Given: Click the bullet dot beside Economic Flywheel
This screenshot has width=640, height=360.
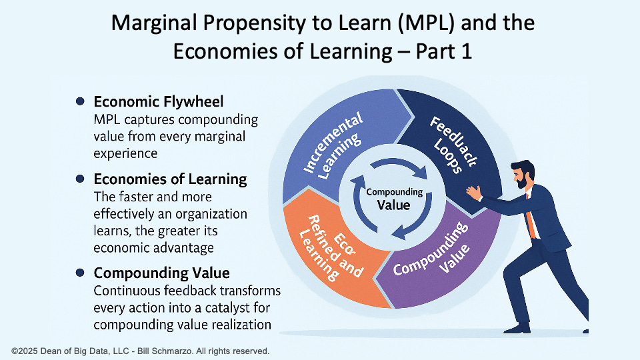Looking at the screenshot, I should tap(81, 101).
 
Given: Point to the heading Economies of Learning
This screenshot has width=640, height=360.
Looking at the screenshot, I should tap(170, 179).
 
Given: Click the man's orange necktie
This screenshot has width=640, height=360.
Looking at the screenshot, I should tap(531, 217).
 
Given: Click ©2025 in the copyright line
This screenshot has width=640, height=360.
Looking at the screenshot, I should tap(25, 350).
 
